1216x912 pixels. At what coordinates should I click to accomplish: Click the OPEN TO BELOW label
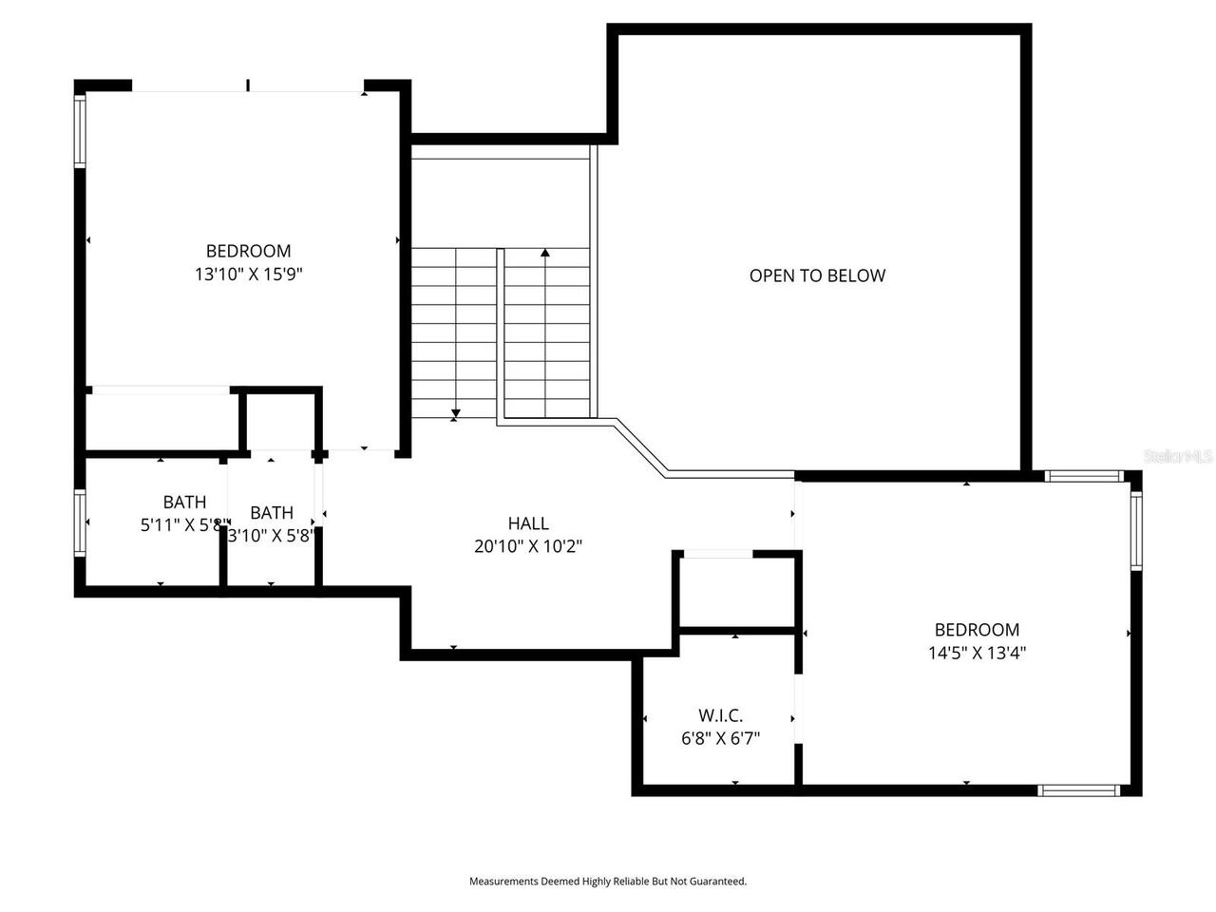817,275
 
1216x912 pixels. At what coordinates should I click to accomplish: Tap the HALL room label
528,523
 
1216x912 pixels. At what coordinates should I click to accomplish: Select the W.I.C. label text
720,715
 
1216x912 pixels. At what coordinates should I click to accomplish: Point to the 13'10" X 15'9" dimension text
249,275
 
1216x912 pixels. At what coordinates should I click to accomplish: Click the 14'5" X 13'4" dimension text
977,653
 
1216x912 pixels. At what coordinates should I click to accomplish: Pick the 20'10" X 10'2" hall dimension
528,546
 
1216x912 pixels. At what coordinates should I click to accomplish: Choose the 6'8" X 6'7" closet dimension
720,738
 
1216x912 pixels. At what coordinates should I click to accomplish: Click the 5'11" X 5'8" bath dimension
183,524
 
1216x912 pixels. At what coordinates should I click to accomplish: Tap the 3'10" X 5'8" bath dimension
272,535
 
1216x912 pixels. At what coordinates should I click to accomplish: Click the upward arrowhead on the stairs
545,253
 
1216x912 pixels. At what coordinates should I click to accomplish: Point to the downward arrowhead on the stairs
456,413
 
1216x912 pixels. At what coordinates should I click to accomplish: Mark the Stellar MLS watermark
1179,457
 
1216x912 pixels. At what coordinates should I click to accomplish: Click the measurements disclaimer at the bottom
608,882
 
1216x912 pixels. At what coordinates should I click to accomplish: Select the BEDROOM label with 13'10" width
249,251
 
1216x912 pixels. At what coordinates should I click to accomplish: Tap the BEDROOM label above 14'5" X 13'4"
977,629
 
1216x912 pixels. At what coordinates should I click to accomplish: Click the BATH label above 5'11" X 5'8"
184,502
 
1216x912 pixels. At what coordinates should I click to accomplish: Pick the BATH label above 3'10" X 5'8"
272,513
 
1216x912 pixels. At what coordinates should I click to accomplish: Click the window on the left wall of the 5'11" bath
81,522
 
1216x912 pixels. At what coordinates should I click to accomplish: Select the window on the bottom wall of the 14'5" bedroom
1078,789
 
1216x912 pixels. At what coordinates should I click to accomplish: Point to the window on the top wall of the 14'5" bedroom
1084,476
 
